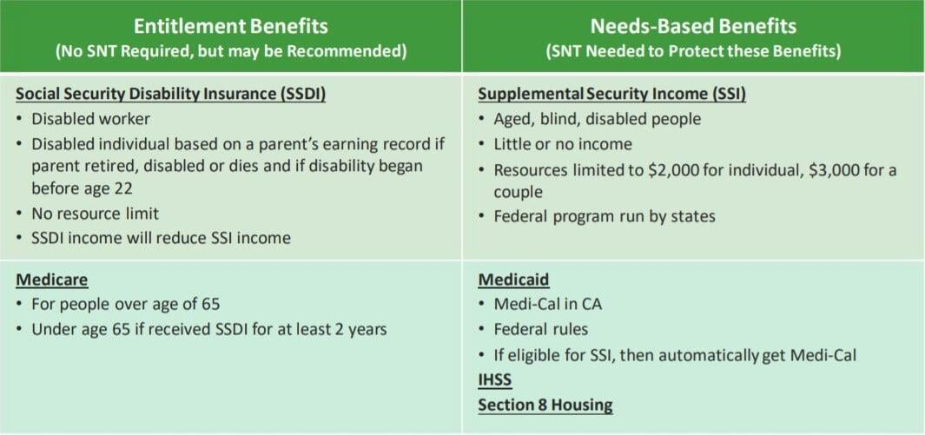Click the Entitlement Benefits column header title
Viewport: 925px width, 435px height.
click(230, 25)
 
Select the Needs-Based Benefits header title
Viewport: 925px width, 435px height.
click(693, 25)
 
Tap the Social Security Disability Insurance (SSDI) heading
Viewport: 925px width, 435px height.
click(171, 94)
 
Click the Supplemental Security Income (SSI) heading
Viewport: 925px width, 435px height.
click(611, 94)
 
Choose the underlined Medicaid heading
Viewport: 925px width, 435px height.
click(513, 280)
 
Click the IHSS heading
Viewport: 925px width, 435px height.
click(495, 380)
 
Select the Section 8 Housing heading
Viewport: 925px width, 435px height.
click(545, 405)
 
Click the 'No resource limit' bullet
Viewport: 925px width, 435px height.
click(95, 213)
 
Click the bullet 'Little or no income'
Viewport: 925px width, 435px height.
click(563, 144)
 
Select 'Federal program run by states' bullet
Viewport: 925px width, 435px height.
click(604, 215)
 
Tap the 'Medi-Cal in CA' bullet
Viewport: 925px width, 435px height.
click(547, 304)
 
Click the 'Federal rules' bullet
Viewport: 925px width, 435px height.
click(541, 329)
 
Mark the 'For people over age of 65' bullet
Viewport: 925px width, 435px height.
click(126, 304)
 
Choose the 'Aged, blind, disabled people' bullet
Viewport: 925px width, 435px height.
click(597, 119)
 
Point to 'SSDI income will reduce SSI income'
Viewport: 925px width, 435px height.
click(161, 237)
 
